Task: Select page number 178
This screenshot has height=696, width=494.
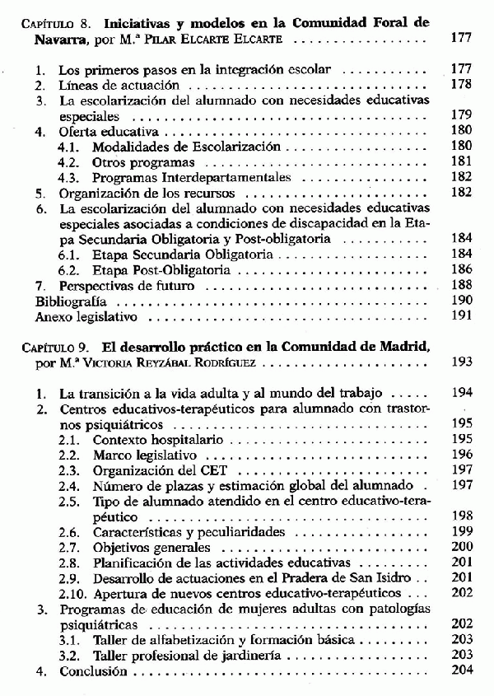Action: tap(462, 85)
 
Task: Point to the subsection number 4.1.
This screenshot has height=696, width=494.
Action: tap(69, 147)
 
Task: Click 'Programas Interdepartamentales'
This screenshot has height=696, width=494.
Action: tap(180, 178)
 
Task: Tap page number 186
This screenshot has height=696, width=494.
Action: tap(462, 270)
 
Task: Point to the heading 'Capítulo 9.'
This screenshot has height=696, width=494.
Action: tap(56, 347)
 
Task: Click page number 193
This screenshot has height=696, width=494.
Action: tap(462, 362)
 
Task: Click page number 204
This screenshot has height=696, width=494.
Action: tap(462, 671)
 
